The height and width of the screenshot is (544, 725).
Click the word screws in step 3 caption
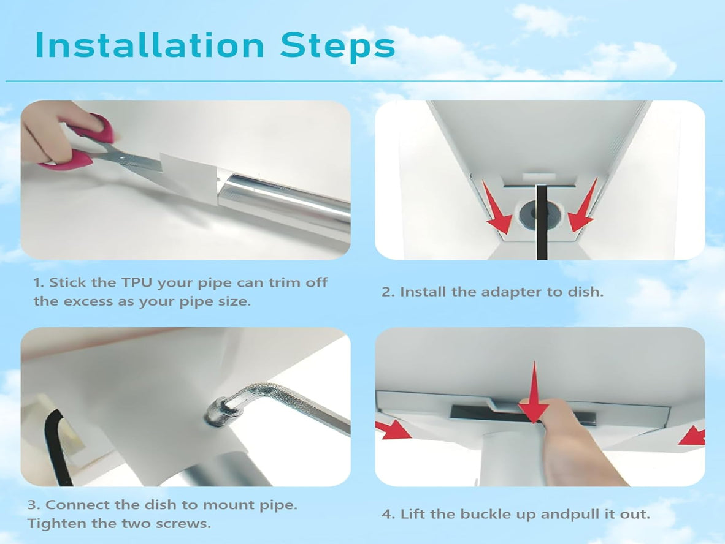(x=185, y=524)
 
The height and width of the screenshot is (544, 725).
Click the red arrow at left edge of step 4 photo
(x=393, y=429)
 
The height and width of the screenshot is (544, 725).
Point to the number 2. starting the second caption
(x=388, y=292)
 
